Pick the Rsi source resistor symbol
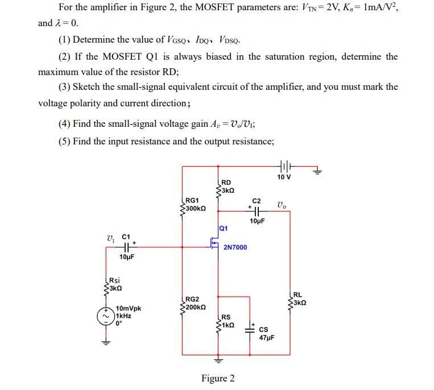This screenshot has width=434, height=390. click(x=106, y=284)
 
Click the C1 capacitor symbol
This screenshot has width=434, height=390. click(x=126, y=247)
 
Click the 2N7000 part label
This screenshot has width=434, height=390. click(x=235, y=248)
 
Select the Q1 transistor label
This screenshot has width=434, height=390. click(x=224, y=228)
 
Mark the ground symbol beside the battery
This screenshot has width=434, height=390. click(x=319, y=169)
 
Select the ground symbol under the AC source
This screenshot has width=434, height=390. click(x=106, y=342)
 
